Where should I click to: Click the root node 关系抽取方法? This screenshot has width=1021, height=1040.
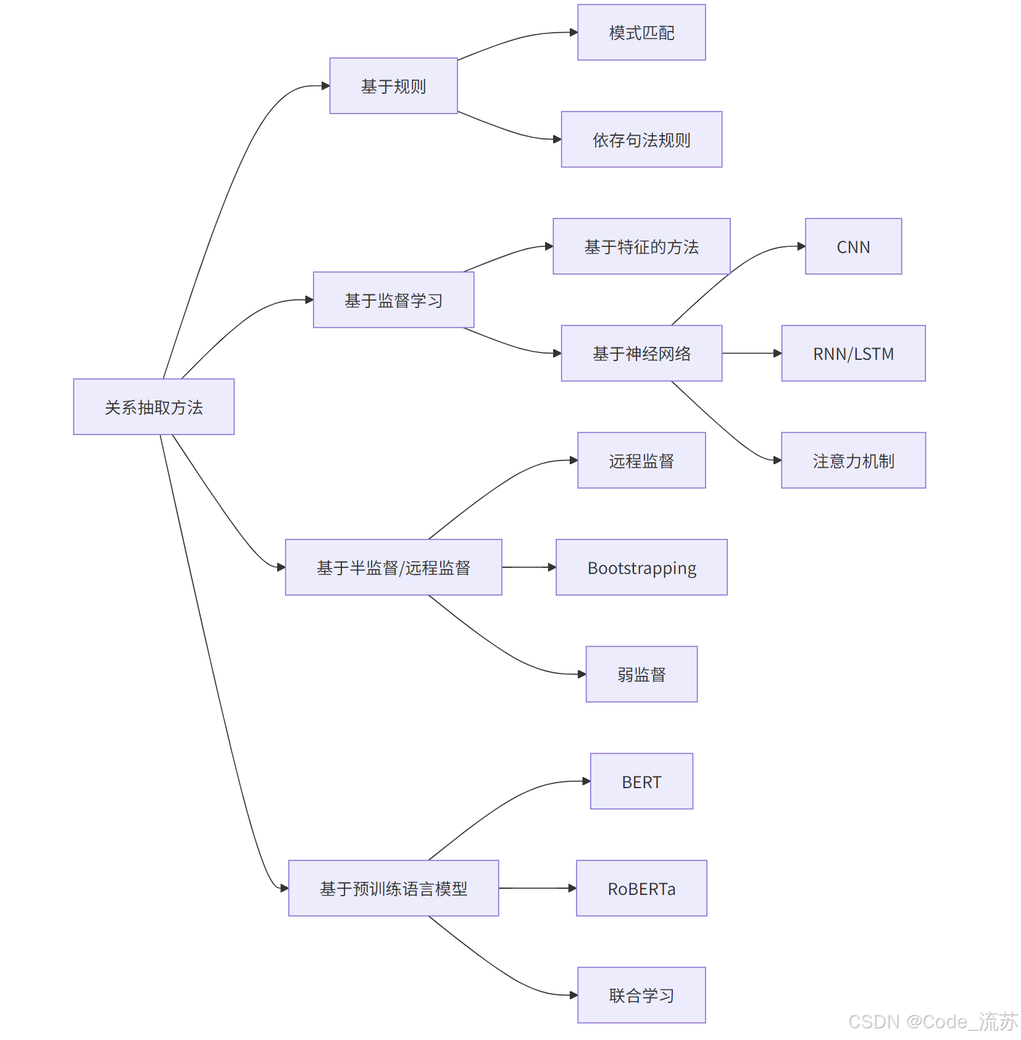coord(154,407)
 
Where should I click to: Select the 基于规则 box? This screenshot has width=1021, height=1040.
coord(393,86)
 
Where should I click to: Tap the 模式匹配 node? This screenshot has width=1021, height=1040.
coord(641,33)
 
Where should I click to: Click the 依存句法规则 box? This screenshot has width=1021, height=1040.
coord(641,139)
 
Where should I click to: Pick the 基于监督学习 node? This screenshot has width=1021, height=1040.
coord(393,300)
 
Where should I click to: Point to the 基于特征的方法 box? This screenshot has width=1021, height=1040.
coord(641,246)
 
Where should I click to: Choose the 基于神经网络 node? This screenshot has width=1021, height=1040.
coord(641,353)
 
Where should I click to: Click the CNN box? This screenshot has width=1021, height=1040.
coord(853,246)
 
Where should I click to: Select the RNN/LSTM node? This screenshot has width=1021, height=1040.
coord(853,353)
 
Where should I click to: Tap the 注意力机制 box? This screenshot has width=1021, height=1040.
coord(853,460)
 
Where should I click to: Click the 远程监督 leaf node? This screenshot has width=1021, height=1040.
coord(641,460)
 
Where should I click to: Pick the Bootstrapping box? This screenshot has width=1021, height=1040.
coord(641,567)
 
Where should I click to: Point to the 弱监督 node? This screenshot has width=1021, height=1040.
coord(641,674)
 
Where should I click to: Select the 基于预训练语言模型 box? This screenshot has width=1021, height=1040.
coord(393,888)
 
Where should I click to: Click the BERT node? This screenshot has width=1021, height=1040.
coord(641,781)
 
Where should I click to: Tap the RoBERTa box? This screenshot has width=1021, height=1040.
coord(641,888)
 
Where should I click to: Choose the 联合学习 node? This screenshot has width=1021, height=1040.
coord(641,995)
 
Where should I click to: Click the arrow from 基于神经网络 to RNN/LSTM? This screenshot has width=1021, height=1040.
coord(751,353)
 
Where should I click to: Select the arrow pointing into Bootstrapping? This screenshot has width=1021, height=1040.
coord(529,567)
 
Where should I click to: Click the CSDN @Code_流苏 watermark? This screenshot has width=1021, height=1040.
coord(932,1021)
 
